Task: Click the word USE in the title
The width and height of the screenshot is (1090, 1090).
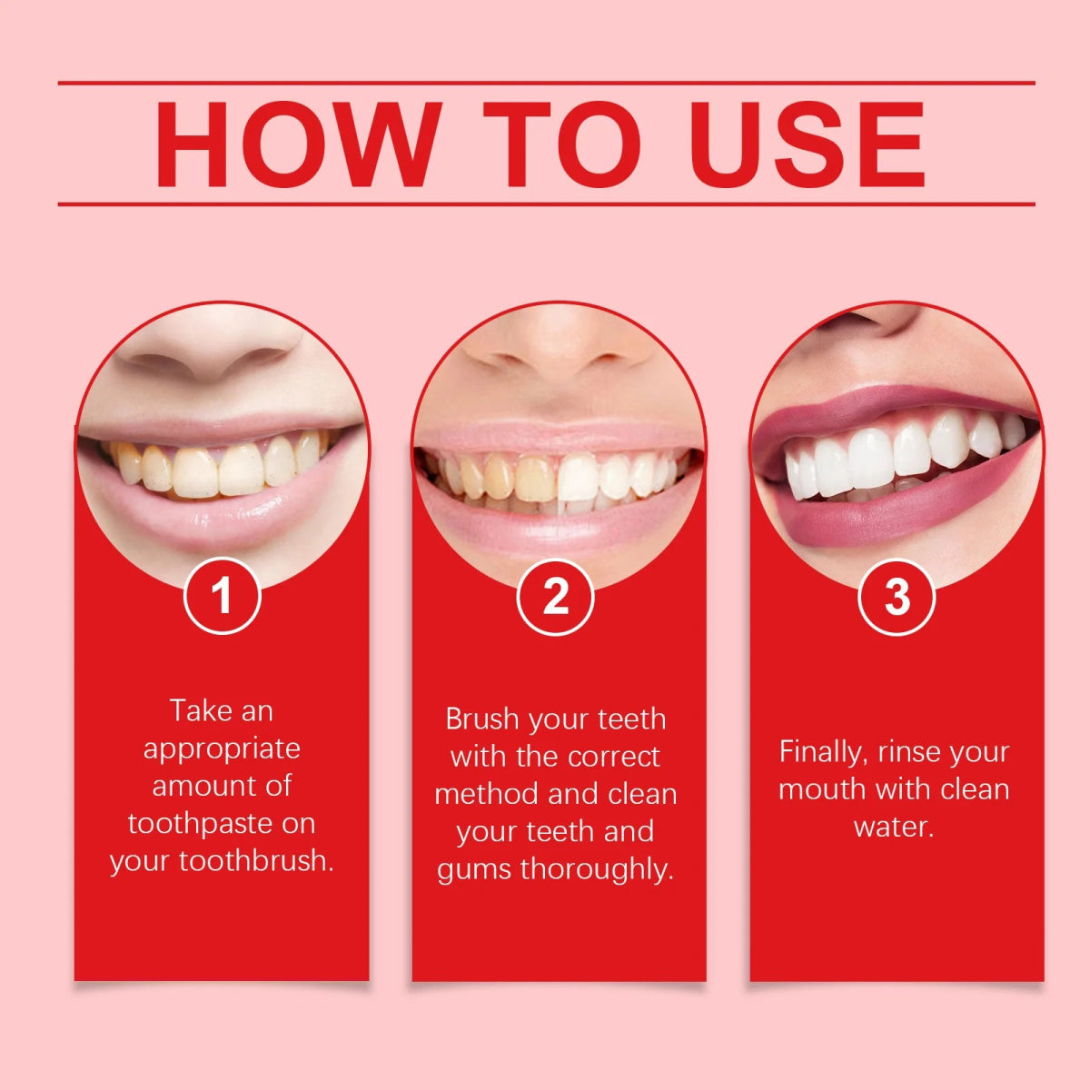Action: tap(808, 145)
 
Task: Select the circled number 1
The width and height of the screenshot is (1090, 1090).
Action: tap(222, 597)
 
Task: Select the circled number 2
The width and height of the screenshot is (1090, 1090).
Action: tap(556, 597)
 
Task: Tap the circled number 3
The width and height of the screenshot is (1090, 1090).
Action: tap(897, 597)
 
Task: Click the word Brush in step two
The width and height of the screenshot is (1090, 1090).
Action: tap(482, 719)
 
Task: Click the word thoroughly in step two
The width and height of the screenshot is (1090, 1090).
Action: tap(597, 869)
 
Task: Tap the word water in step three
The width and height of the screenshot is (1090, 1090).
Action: tap(894, 827)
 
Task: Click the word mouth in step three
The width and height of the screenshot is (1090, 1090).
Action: tap(821, 789)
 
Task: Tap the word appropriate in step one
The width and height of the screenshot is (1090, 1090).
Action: tap(222, 749)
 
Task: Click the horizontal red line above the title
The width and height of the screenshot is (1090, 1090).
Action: tap(546, 83)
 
